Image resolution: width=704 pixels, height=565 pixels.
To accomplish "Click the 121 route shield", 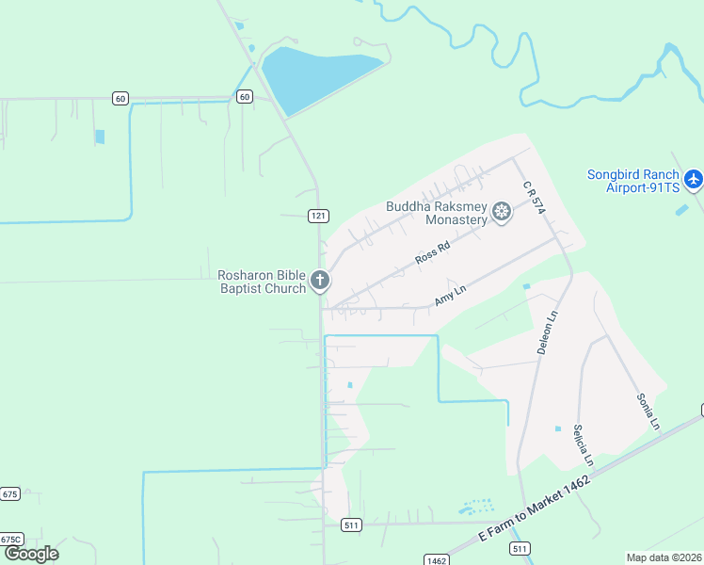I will pos(318,216).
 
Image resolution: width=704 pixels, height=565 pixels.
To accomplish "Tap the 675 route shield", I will pos(9,493).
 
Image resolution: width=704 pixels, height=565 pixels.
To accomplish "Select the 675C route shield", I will pos(10,540).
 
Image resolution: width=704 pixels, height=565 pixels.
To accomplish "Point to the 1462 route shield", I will pos(436,560).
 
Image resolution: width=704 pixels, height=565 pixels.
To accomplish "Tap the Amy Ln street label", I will pos(450,297).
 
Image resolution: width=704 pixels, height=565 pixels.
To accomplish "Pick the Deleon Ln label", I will pos(548,332).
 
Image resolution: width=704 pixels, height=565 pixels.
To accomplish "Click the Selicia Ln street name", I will pos(584,444).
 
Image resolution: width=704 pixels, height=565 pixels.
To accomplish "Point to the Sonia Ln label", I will pos(648,411).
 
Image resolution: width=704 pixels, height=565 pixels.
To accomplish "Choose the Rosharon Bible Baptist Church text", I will pos(263,282).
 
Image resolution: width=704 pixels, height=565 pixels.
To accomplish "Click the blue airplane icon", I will pos(694,178).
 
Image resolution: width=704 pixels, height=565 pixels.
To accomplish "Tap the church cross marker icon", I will pos(321,280).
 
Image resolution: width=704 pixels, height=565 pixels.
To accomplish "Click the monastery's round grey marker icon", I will pos(502,213).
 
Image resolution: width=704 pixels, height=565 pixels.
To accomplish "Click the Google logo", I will pos(31,554).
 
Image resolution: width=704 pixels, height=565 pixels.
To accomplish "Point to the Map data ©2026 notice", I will pos(664,557).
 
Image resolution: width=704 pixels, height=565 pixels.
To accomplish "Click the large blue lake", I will pos(315,76).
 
